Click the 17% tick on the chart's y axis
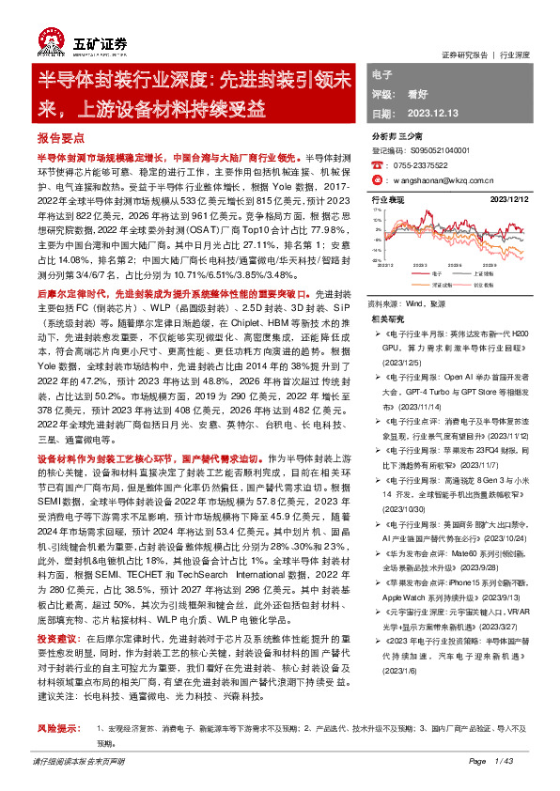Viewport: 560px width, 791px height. [x=376, y=210]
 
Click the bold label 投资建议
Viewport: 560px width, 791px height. [x=56, y=637]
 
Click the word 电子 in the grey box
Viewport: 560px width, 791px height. [x=382, y=74]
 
